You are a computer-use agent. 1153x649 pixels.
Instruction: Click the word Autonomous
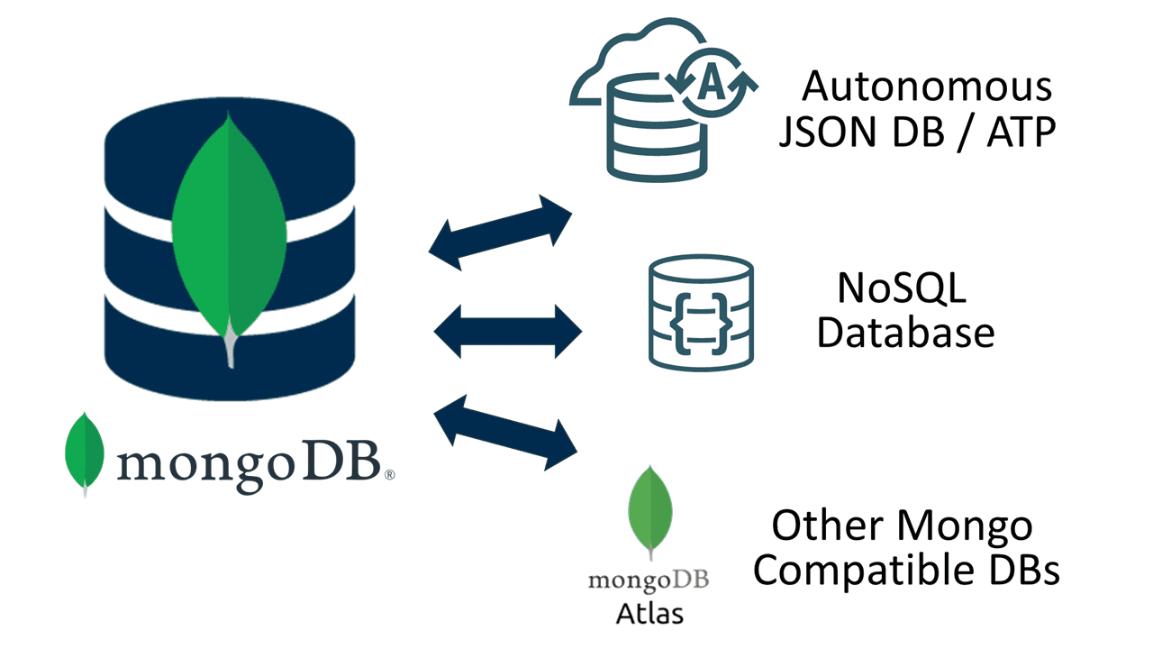point(927,87)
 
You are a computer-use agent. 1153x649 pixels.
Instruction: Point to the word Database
point(905,334)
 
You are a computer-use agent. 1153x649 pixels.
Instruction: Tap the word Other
point(825,526)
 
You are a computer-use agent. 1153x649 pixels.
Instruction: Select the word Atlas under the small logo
point(649,613)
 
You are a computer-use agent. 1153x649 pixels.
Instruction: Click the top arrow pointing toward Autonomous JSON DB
point(501,232)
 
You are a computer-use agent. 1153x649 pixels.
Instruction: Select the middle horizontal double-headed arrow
point(508,330)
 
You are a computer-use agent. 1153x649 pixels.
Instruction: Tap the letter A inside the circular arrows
point(712,83)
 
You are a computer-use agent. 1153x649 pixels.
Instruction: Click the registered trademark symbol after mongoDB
point(389,474)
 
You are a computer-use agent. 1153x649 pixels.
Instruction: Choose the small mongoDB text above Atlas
point(649,579)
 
